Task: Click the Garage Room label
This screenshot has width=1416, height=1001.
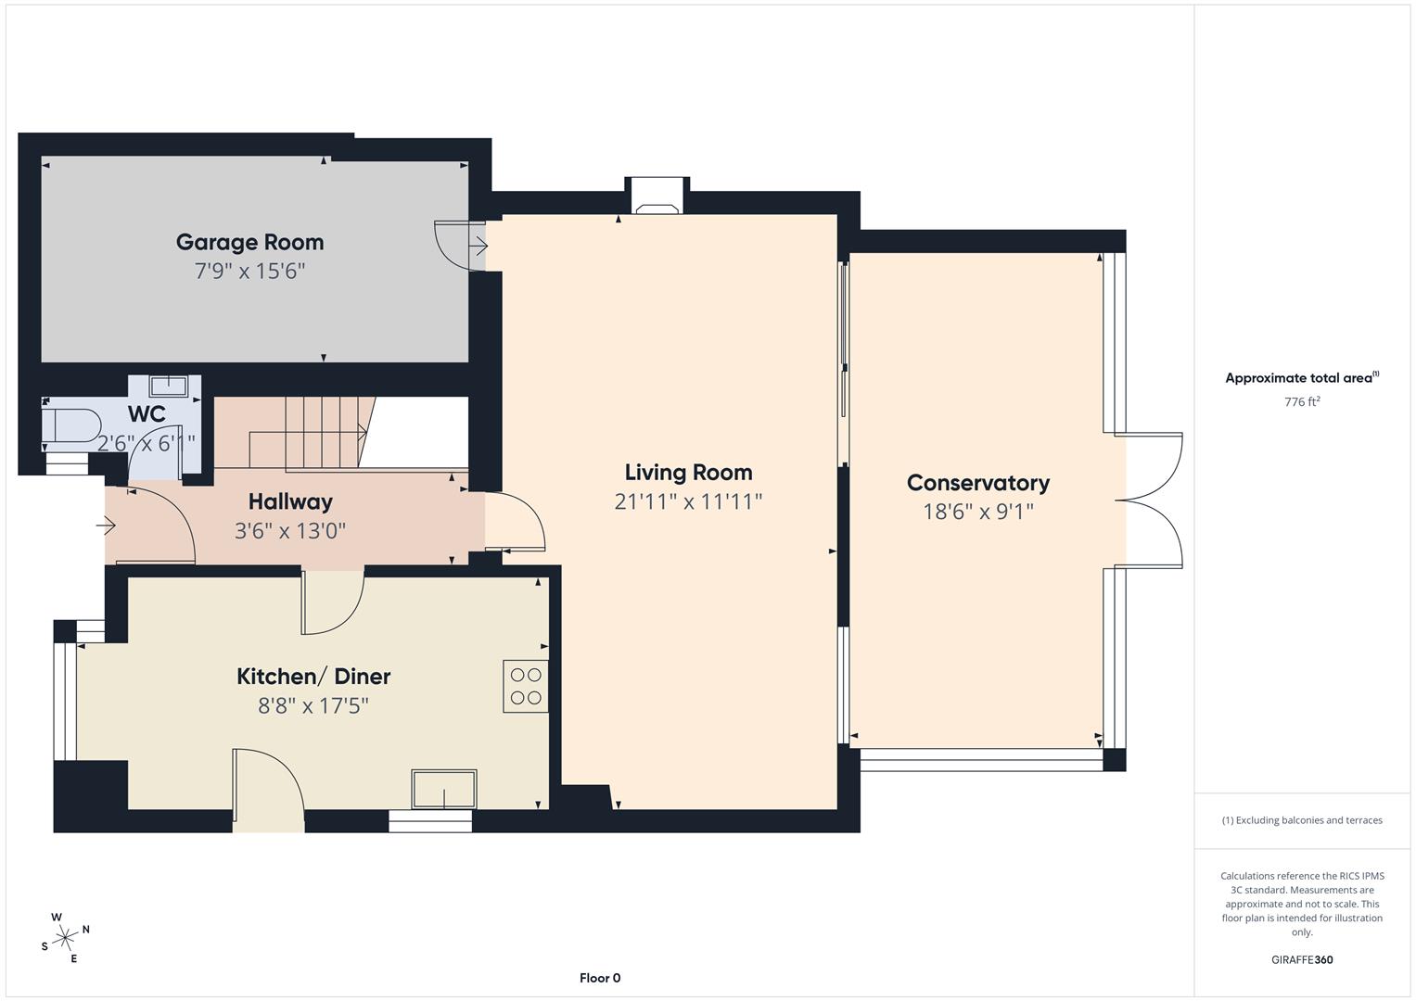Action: coord(249,242)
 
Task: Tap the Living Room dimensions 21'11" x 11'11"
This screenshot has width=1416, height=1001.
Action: coord(687,501)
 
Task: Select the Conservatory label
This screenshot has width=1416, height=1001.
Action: coord(977,483)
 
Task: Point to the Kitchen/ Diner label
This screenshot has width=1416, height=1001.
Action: coord(313,677)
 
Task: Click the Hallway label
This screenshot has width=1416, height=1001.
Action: coord(290,501)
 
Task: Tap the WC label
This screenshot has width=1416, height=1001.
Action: coord(147,413)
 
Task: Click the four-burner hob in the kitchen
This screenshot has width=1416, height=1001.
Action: coord(525,686)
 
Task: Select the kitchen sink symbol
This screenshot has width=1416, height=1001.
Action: coord(444,789)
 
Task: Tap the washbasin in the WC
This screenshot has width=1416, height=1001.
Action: coord(169,386)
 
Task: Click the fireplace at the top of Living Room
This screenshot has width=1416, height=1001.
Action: coord(657,196)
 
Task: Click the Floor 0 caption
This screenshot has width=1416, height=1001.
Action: coord(600,978)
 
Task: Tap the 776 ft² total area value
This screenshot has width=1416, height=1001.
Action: coord(1302,402)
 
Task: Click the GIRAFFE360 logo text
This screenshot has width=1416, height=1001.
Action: coord(1302,960)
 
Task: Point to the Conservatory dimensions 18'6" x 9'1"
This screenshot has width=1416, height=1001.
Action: coord(977,512)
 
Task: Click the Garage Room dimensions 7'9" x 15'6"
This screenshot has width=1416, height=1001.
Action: coord(249,272)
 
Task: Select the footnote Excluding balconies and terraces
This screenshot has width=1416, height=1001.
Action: coord(1302,820)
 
